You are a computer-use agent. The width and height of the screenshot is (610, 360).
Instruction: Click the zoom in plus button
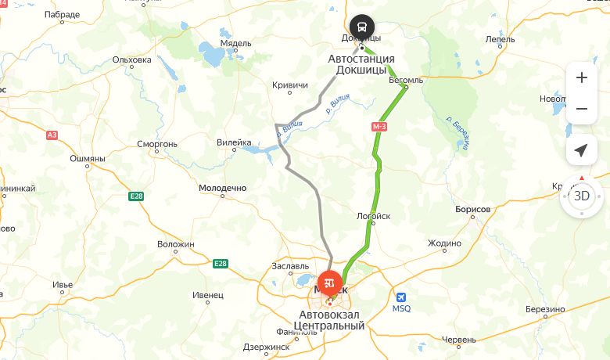pos(581,77)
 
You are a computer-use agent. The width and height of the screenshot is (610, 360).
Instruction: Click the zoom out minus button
pos(581,109)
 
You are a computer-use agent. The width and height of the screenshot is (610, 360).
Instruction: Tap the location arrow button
pos(581,150)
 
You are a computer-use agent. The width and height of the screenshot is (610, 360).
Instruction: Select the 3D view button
pos(582,196)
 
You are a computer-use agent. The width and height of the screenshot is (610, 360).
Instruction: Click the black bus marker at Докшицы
pos(361,26)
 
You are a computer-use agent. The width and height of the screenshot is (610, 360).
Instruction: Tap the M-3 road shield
pos(379,125)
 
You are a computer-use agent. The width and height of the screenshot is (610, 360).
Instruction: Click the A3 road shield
pos(52,135)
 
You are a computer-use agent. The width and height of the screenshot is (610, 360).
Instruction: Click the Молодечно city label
pos(222,189)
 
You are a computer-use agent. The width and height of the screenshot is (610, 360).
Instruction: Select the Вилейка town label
pos(234,143)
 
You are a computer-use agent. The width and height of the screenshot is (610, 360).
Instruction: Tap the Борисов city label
pos(472,210)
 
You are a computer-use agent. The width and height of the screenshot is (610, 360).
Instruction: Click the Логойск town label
pos(373,216)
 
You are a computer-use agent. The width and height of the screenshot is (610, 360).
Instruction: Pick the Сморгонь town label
pos(157,144)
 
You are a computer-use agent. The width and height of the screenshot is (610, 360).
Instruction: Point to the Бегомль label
pos(405,79)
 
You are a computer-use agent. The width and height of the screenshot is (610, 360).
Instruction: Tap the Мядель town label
pos(213,43)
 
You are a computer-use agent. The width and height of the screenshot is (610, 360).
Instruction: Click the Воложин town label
pos(175,244)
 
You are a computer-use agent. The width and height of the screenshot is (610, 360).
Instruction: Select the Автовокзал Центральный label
pos(329,319)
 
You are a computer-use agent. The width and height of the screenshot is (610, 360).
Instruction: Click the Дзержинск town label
pos(266,347)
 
